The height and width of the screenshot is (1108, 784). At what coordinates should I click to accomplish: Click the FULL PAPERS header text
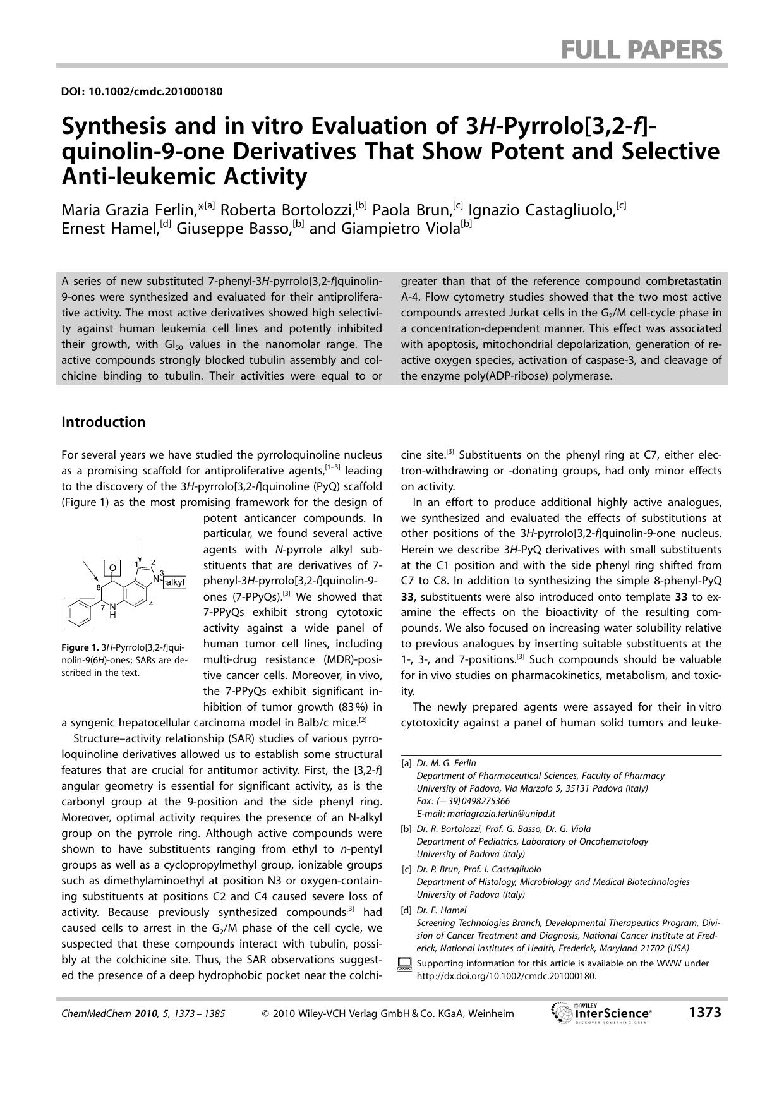click(x=641, y=49)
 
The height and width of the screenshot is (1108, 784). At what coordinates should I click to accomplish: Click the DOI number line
click(x=142, y=92)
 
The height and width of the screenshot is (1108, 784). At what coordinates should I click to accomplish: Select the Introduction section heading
click(x=103, y=422)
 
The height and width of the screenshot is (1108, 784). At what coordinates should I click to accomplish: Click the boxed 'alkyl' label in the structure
click(x=174, y=582)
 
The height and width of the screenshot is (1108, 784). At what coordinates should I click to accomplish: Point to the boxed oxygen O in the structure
click(x=112, y=568)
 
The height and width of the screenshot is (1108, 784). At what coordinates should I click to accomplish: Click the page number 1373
click(x=704, y=1013)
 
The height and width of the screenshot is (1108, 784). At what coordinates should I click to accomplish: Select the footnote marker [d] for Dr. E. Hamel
click(x=406, y=910)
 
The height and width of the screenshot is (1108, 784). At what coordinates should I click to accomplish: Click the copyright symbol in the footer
click(x=265, y=1014)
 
